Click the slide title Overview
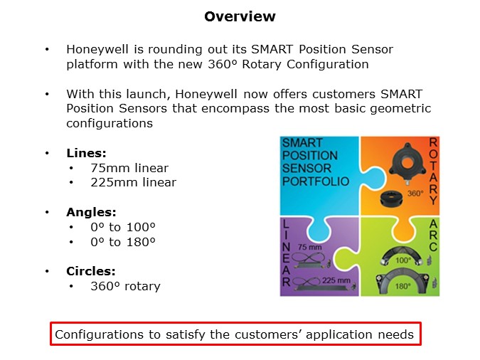pyautogui.click(x=240, y=16)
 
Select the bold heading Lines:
pyautogui.click(x=86, y=153)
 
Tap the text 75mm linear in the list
pyautogui.click(x=129, y=168)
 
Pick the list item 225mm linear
pyautogui.click(x=133, y=182)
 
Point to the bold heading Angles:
pyautogui.click(x=91, y=212)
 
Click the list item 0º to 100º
pyautogui.click(x=123, y=227)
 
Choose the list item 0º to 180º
pyautogui.click(x=123, y=241)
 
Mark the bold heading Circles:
pyautogui.click(x=91, y=271)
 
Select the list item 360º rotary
pyautogui.click(x=125, y=286)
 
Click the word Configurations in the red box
pyautogui.click(x=97, y=334)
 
